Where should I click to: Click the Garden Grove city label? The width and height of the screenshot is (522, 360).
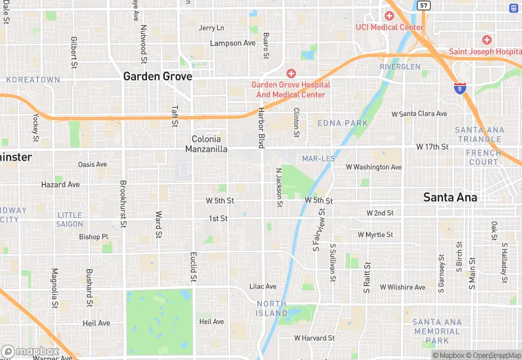(157, 76)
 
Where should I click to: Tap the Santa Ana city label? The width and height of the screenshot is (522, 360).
(450, 197)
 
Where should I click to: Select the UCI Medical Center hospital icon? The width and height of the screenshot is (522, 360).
(389, 15)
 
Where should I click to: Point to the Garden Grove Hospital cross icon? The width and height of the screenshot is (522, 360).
(291, 73)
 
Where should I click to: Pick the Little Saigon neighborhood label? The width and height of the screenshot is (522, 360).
(69, 219)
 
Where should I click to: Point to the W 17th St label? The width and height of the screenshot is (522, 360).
(433, 147)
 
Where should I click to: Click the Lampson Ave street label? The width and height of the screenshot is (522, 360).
(232, 43)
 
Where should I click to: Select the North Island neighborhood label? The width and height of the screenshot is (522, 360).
(272, 308)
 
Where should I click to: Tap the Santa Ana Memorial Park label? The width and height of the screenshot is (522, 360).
(437, 331)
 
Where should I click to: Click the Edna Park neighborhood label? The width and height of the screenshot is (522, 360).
(342, 123)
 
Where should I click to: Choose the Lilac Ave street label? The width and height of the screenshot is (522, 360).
(262, 286)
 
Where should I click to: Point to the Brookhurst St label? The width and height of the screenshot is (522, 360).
(123, 204)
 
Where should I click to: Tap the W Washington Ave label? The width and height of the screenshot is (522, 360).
(373, 167)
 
